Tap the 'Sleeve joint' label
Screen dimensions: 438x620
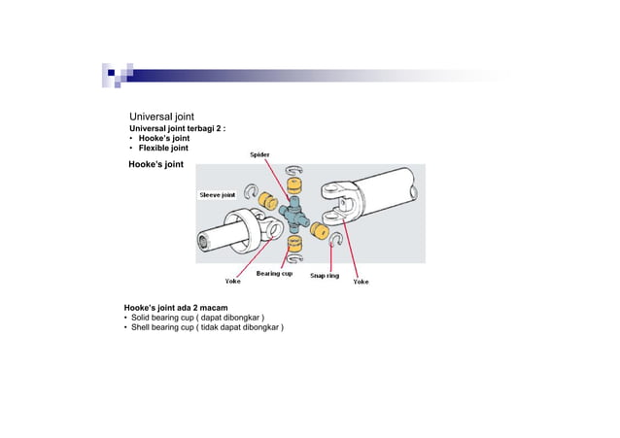tap(218, 195)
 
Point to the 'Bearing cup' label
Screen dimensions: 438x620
tap(274, 274)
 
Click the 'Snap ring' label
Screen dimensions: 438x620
tap(324, 276)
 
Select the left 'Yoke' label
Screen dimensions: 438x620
tap(233, 282)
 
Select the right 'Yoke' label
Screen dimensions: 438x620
tap(361, 282)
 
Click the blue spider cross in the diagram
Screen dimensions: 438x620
tap(293, 213)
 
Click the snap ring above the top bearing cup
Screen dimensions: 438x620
tap(294, 171)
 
